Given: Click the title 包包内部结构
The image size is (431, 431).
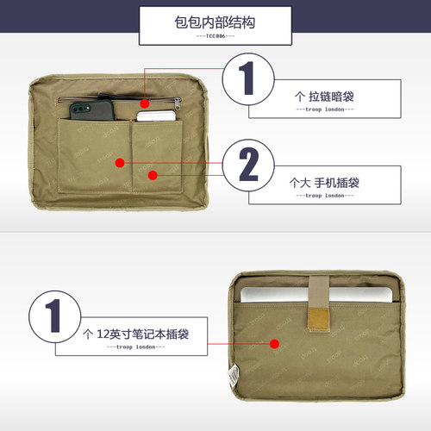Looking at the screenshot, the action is pyautogui.click(x=215, y=22).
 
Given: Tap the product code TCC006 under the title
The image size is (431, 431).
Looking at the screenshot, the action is pyautogui.click(x=215, y=36).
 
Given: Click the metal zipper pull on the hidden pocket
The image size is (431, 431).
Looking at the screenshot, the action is pyautogui.click(x=178, y=103).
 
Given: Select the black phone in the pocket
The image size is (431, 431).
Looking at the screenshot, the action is pyautogui.click(x=92, y=109).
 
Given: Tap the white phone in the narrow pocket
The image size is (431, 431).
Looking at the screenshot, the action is pyautogui.click(x=156, y=116).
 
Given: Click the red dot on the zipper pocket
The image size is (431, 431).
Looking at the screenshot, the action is pyautogui.click(x=145, y=103).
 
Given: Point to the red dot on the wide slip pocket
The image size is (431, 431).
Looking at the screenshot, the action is pyautogui.click(x=120, y=163).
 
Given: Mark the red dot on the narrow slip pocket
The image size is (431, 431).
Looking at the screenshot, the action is pyautogui.click(x=153, y=175).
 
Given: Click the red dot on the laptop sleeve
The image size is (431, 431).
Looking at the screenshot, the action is pyautogui.click(x=275, y=344).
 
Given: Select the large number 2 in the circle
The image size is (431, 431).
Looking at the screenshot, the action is pyautogui.click(x=248, y=164).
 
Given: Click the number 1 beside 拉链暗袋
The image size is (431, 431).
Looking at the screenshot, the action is pyautogui.click(x=247, y=78).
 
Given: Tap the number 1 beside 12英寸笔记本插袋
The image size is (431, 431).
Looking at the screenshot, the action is pyautogui.click(x=53, y=315).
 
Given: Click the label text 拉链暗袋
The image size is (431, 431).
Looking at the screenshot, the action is pyautogui.click(x=331, y=97).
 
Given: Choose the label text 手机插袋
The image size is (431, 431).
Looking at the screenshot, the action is pyautogui.click(x=336, y=183).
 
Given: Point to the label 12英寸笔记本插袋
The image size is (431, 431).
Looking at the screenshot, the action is pyautogui.click(x=143, y=334).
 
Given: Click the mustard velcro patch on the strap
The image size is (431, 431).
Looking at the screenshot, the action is pyautogui.click(x=318, y=319).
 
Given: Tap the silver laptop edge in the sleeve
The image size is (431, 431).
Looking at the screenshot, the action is pyautogui.click(x=316, y=294).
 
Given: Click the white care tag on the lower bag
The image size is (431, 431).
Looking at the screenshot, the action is pyautogui.click(x=234, y=375).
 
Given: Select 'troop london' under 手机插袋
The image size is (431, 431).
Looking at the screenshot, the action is pyautogui.click(x=325, y=196).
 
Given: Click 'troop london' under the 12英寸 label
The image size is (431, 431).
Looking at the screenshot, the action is pyautogui.click(x=135, y=347).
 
